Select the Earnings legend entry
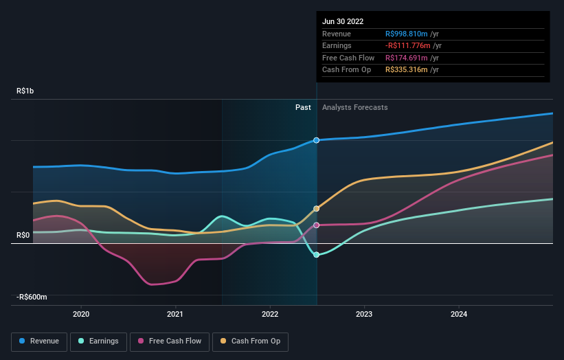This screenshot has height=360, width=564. click(x=98, y=341)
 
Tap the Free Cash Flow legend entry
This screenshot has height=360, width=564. click(x=169, y=341)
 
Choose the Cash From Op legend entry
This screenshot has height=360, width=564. click(x=250, y=341)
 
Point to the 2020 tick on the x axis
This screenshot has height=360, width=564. click(x=81, y=314)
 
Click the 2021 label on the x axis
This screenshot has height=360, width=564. click(x=175, y=314)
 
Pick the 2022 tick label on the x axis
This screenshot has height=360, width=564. click(x=270, y=314)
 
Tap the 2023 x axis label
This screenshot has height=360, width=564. click(x=364, y=314)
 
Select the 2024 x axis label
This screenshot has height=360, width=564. click(x=459, y=314)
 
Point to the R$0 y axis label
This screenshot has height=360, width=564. click(x=23, y=235)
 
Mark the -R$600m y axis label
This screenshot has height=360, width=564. click(x=32, y=297)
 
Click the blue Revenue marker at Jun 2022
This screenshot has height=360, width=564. click(x=317, y=140)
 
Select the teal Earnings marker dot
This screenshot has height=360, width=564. click(x=317, y=255)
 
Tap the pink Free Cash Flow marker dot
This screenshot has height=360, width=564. click(x=317, y=225)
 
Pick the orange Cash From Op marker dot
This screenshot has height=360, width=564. click(x=317, y=208)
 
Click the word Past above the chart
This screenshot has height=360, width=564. click(x=303, y=108)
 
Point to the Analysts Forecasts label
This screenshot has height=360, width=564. click(x=354, y=108)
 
